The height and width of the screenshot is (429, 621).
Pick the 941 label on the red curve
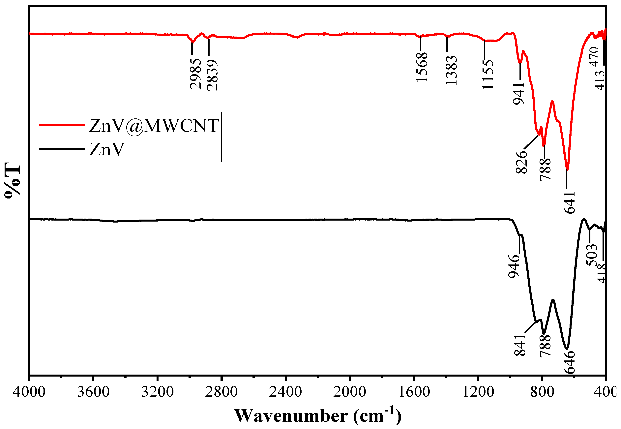(x=519, y=94)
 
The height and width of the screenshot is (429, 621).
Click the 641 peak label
(x=569, y=202)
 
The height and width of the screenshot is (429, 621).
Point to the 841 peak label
(x=520, y=345)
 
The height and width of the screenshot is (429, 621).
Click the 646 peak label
(x=569, y=362)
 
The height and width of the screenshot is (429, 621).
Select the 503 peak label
(x=592, y=255)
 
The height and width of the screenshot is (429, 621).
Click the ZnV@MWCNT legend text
(x=154, y=126)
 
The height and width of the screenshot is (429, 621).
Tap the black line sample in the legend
(x=62, y=149)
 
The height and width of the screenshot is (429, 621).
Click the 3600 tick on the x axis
(x=93, y=392)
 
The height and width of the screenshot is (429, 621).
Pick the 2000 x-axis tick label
(x=349, y=392)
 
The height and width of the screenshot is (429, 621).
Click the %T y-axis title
(x=12, y=180)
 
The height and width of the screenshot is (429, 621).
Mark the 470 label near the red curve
(x=594, y=56)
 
